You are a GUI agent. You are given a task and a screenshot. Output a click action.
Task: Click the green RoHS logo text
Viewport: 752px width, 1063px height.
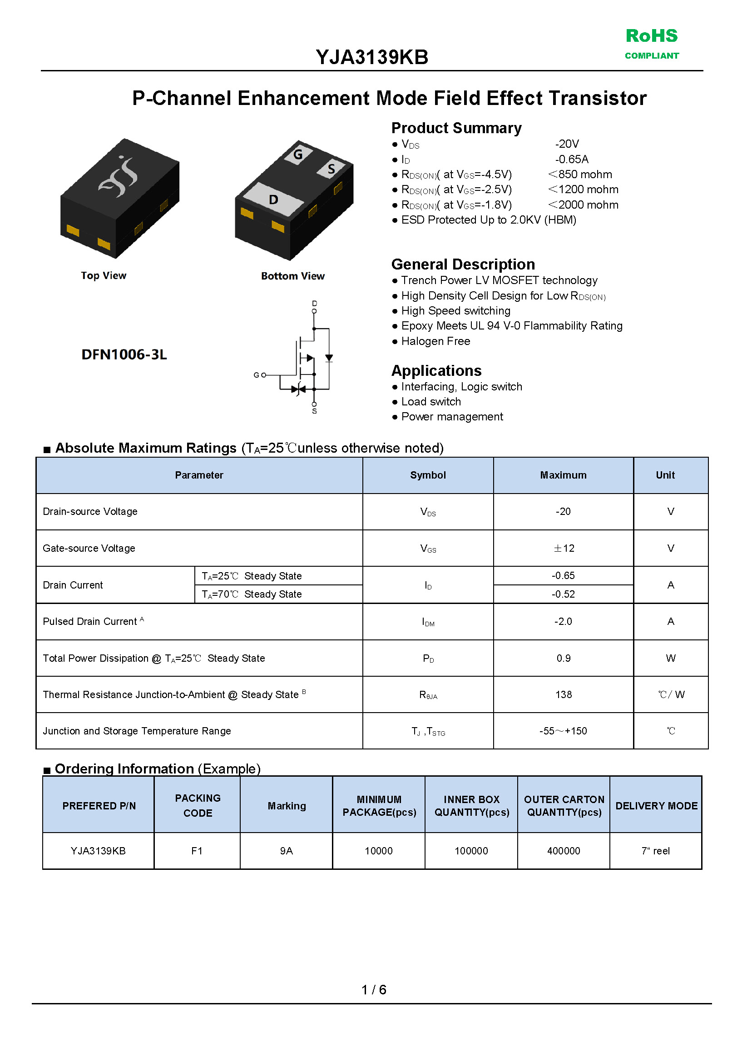[651, 36]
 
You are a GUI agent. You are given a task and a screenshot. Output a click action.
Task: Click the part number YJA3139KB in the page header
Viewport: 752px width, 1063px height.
[372, 57]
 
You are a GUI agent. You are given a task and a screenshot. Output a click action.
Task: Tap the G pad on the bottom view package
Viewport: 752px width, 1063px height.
[298, 155]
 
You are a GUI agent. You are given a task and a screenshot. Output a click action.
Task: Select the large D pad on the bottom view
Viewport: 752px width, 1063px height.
[273, 199]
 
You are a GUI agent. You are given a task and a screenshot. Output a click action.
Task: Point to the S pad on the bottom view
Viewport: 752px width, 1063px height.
[331, 169]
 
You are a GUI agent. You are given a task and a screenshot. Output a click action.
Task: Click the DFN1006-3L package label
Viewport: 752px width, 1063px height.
[124, 354]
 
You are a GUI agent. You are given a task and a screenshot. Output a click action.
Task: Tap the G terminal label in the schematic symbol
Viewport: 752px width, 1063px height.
[256, 375]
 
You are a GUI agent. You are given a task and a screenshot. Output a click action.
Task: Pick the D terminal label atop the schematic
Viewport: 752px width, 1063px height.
[314, 304]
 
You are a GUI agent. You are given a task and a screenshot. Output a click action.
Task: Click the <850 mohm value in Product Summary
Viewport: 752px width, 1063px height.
[580, 175]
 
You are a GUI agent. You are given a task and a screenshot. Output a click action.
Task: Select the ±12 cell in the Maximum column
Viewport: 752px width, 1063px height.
[564, 548]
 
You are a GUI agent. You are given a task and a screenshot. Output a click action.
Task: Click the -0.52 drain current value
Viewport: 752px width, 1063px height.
[563, 594]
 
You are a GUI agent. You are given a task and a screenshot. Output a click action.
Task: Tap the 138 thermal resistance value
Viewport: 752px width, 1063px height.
[564, 694]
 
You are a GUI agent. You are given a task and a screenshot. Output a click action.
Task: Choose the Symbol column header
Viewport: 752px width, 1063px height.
[428, 475]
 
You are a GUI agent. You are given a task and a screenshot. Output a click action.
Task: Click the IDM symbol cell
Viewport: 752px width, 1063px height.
[428, 622]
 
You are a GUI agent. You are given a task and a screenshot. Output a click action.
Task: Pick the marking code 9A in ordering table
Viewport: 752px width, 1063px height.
[286, 851]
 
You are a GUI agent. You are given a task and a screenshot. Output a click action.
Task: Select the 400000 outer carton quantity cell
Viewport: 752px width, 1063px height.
[564, 851]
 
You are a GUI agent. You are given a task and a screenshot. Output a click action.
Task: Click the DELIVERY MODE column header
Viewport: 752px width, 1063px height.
[656, 806]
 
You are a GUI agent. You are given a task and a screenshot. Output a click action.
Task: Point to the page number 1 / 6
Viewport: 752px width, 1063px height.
[374, 990]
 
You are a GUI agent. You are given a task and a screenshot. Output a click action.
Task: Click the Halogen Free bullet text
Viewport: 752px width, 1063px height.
[435, 341]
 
